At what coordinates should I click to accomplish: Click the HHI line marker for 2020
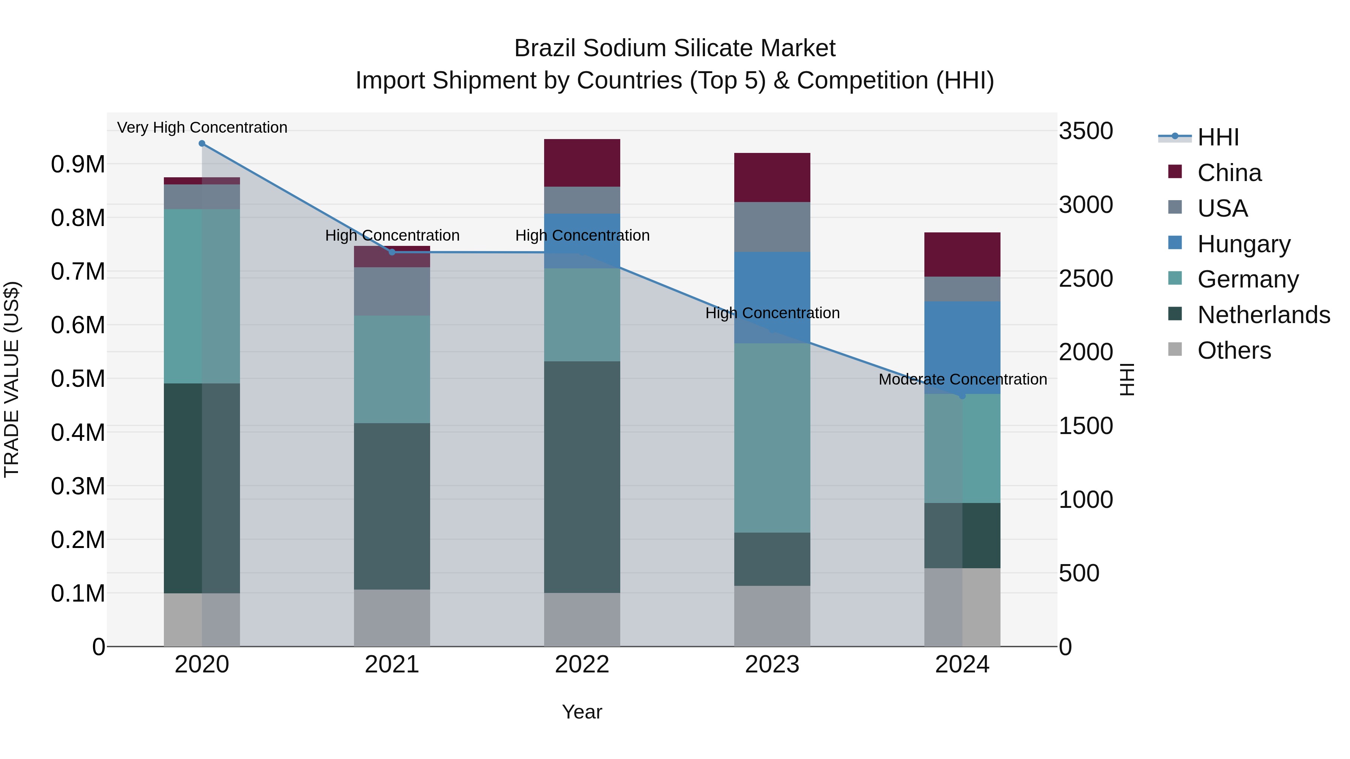tap(202, 144)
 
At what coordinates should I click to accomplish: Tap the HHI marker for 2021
tap(392, 252)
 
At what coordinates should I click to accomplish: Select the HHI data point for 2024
tap(962, 396)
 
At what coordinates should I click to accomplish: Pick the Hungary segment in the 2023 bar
tap(772, 298)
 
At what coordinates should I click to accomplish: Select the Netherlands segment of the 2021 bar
tap(392, 506)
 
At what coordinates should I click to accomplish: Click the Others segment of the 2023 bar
tap(772, 615)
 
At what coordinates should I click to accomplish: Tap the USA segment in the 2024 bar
tap(962, 289)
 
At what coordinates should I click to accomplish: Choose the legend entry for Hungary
tap(1243, 244)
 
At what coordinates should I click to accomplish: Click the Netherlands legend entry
tap(1263, 315)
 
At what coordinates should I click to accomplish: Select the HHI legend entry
tap(1217, 137)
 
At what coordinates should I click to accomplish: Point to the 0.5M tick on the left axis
tap(78, 379)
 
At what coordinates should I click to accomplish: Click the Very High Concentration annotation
tap(202, 127)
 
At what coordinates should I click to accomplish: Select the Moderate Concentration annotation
tap(962, 379)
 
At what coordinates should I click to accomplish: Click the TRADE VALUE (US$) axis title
tap(12, 379)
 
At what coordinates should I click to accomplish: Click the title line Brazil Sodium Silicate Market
tap(675, 48)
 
